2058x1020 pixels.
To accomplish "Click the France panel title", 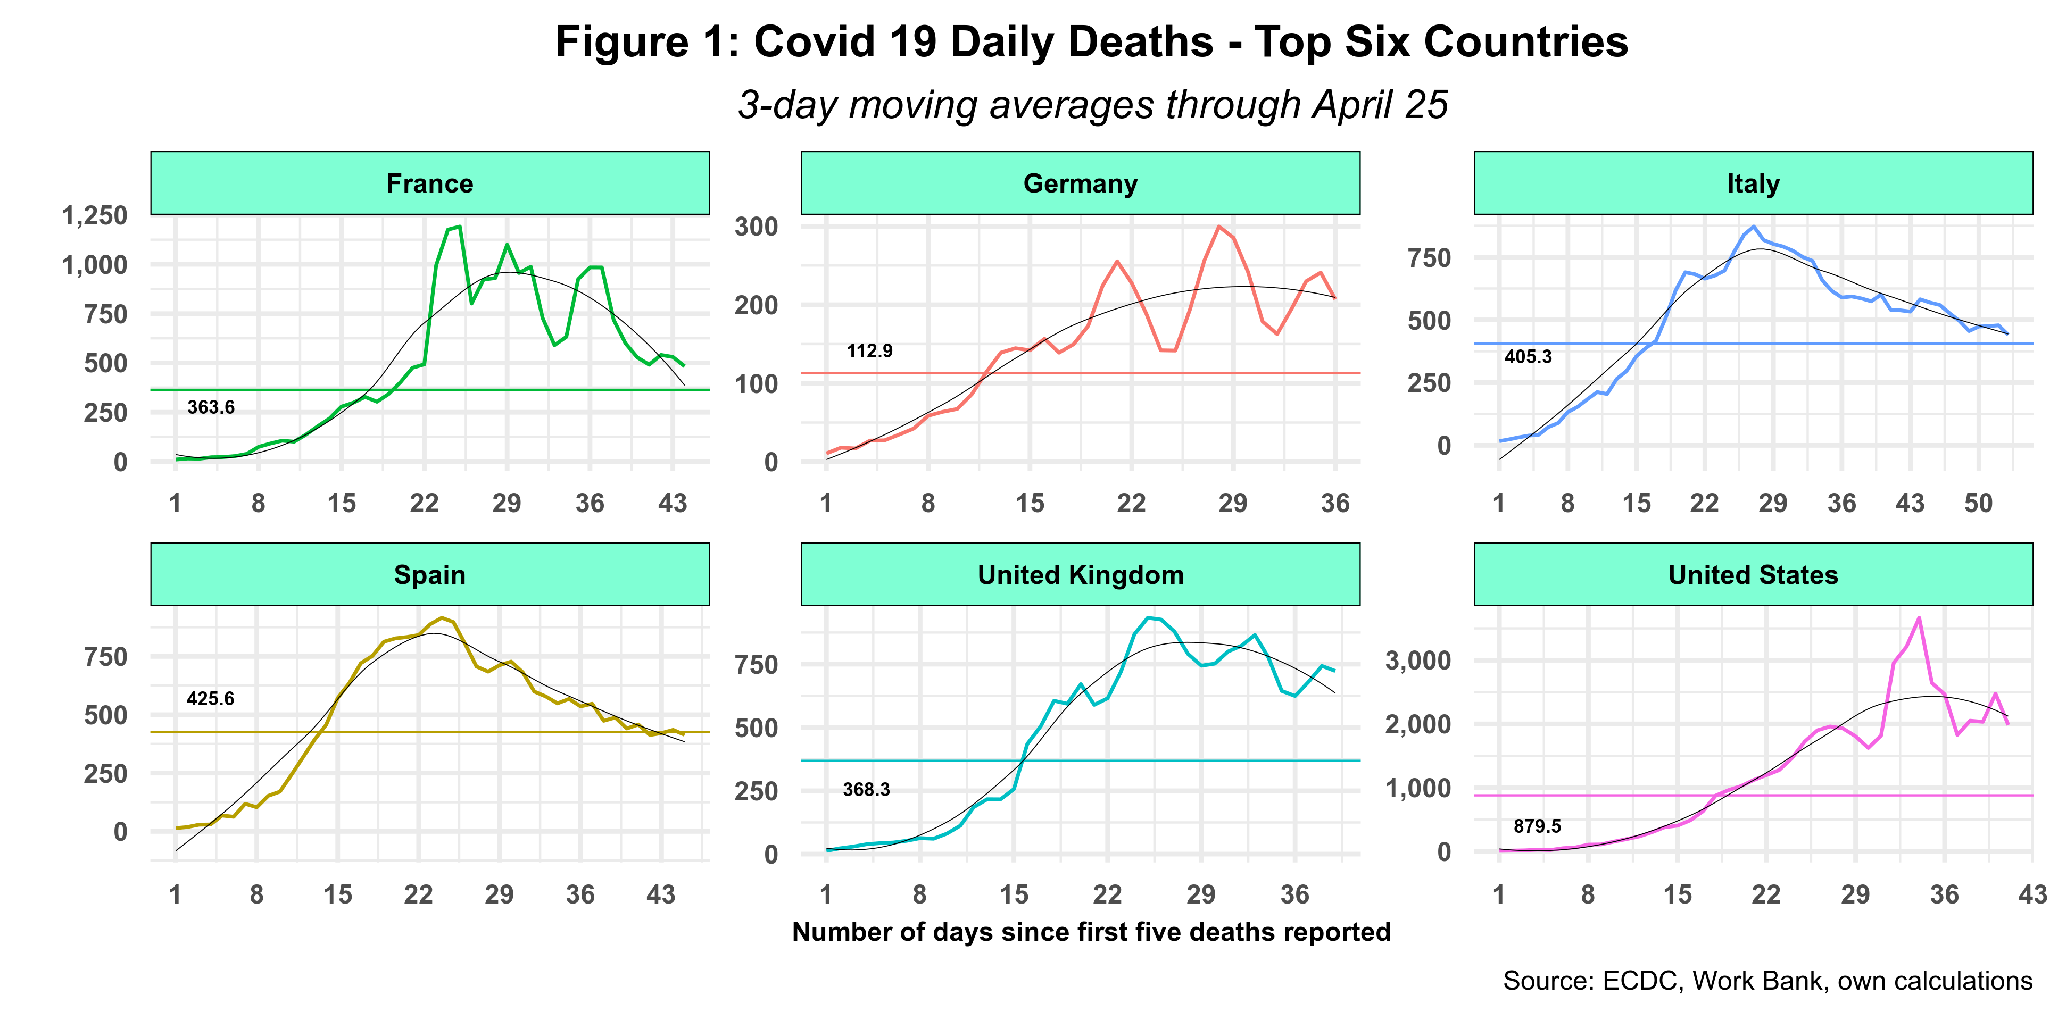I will (430, 183).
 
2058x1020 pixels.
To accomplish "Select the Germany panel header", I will (1080, 183).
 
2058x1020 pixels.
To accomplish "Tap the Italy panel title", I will (1753, 183).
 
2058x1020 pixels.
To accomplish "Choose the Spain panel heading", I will (430, 575).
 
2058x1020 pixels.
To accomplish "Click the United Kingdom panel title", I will (1080, 575).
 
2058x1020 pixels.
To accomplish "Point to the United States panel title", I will (1753, 575).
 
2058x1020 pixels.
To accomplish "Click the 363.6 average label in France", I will (211, 407).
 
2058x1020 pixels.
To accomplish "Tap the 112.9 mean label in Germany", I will (869, 350).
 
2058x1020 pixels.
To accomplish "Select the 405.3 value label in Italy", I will (1528, 357).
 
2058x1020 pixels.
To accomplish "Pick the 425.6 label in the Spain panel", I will (210, 699).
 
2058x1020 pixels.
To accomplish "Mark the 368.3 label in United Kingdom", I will (866, 790).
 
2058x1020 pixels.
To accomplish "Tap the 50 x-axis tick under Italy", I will (1978, 503).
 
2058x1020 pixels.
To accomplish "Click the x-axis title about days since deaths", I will (1091, 932).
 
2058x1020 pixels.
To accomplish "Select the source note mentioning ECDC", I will (1767, 981).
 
